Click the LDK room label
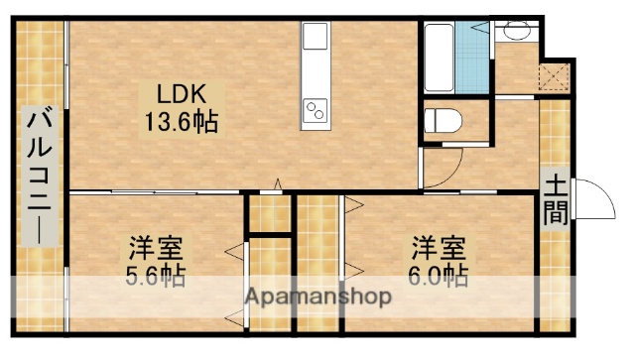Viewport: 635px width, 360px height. coord(180,96)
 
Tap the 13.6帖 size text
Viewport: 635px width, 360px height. coord(180,123)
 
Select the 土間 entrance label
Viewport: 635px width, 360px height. coord(556,199)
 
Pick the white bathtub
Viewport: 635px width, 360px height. coord(441,57)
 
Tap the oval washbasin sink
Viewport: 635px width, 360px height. coord(517,32)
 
